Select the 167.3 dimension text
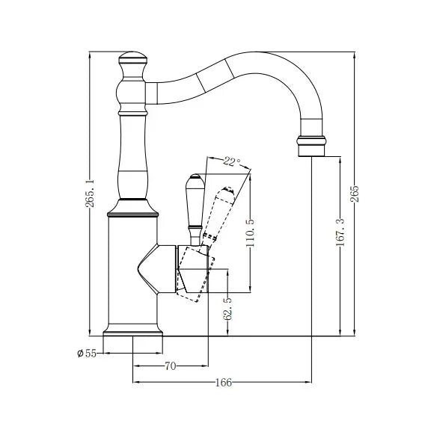(x=340, y=231)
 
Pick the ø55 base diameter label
(x=86, y=353)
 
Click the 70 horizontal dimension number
(x=170, y=366)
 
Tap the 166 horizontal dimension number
(x=222, y=382)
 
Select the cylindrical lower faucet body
(x=133, y=269)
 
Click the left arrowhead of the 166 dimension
(x=135, y=382)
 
